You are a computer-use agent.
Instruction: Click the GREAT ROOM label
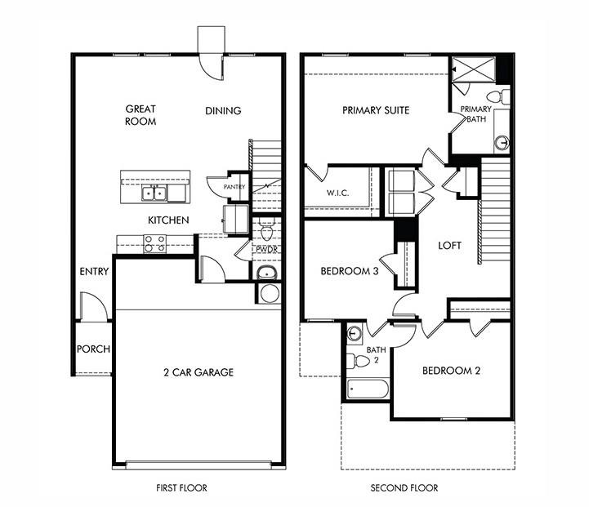(x=141, y=115)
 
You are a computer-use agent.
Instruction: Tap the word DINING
(x=223, y=111)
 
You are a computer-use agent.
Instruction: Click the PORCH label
(x=93, y=349)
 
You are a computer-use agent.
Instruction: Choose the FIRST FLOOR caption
(x=181, y=488)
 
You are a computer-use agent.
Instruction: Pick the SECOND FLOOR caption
(x=404, y=488)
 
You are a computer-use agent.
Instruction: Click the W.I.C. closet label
(x=337, y=193)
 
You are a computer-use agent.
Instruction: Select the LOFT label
(x=450, y=245)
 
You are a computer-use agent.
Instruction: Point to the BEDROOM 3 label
(x=349, y=272)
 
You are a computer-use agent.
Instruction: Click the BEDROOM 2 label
(x=451, y=371)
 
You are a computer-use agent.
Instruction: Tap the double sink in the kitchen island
(x=155, y=193)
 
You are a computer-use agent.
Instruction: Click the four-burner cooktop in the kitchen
(x=154, y=243)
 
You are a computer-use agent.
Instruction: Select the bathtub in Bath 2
(x=368, y=388)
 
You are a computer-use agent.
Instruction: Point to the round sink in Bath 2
(x=355, y=333)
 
